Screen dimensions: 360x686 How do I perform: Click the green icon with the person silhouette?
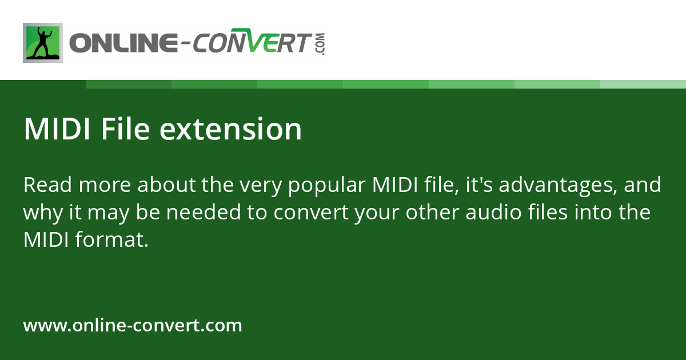point(43,43)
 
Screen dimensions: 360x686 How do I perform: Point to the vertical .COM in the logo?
point(320,44)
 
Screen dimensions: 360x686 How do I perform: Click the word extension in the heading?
point(230,129)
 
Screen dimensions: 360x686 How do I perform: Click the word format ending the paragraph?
point(111,240)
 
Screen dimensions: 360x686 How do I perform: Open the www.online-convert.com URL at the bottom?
point(133,326)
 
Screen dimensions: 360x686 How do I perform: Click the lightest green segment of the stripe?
point(643,85)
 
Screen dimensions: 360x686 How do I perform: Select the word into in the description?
point(601,213)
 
